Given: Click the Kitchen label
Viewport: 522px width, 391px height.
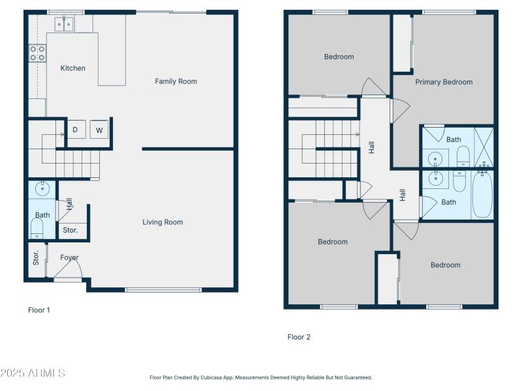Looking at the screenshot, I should tap(73, 68).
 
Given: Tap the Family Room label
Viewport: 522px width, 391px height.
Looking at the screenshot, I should tap(176, 81).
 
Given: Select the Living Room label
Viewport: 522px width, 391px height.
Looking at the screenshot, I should tap(162, 222).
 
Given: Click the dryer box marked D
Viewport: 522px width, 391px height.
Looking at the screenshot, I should tap(75, 130).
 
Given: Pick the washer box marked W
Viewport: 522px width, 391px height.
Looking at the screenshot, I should tap(99, 130).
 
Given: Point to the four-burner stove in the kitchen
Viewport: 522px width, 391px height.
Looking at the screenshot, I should tap(37, 53).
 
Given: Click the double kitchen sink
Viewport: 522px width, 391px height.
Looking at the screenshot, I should tap(64, 24).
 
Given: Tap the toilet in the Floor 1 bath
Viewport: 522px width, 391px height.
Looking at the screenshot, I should tap(37, 227).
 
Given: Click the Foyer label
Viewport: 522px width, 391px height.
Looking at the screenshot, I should tap(69, 257).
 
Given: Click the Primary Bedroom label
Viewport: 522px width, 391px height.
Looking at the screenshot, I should tap(444, 82).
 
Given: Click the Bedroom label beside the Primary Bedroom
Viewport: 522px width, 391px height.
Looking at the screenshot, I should tap(339, 57).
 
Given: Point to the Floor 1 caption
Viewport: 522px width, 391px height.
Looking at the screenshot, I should tap(38, 310).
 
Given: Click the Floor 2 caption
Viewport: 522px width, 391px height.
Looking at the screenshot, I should tap(299, 337).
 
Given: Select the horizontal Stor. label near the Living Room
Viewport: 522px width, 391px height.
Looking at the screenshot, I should tap(70, 230).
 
